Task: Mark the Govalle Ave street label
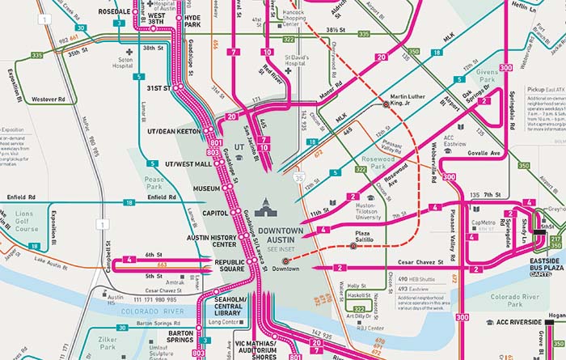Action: pyautogui.click(x=485, y=153)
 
